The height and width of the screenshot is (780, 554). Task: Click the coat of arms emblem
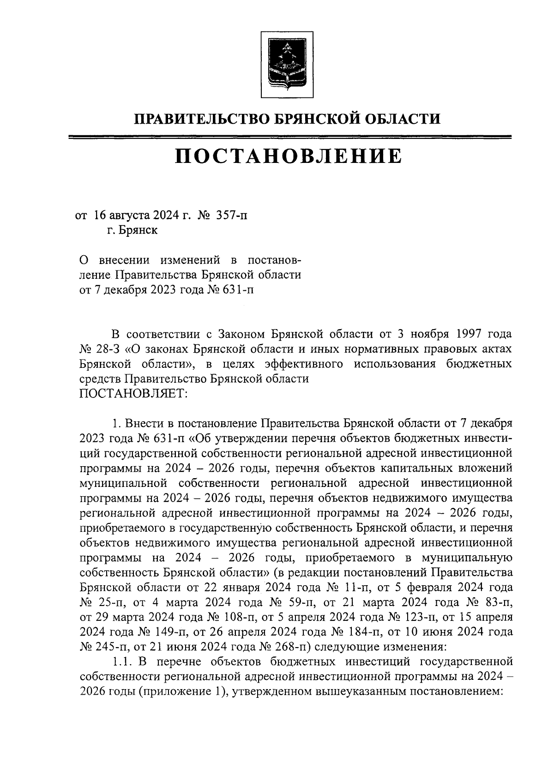281,65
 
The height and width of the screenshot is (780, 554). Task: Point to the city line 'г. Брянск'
132,230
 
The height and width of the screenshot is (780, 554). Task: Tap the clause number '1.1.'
123,662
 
